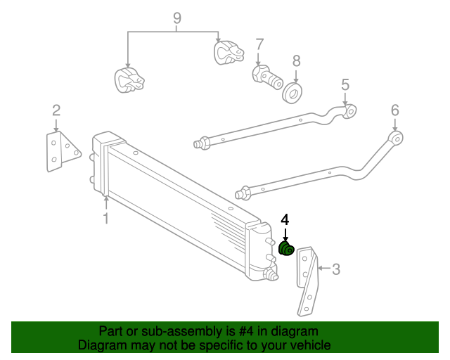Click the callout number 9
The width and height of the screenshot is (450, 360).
pyautogui.click(x=176, y=18)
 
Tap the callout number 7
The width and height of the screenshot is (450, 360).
pyautogui.click(x=259, y=44)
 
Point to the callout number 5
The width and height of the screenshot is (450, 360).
pyautogui.click(x=345, y=85)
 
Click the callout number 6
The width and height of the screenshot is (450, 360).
pyautogui.click(x=394, y=110)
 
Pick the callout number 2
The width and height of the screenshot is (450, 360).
pyautogui.click(x=56, y=110)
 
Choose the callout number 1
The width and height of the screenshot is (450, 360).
pyautogui.click(x=105, y=219)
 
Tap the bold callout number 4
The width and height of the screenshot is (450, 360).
pyautogui.click(x=285, y=219)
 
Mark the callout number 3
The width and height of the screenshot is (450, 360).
pyautogui.click(x=336, y=268)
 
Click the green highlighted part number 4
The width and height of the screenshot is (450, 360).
pyautogui.click(x=286, y=248)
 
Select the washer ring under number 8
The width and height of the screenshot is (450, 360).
pyautogui.click(x=292, y=91)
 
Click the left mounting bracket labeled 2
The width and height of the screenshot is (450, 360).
pyautogui.click(x=60, y=151)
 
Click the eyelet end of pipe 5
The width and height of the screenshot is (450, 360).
pyautogui.click(x=349, y=111)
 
